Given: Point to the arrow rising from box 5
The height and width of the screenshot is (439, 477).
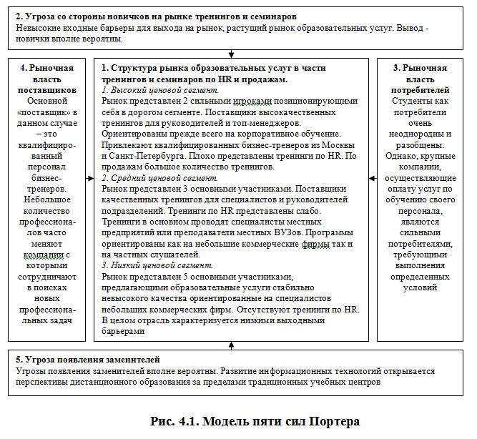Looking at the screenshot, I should pyautogui.click(x=232, y=345).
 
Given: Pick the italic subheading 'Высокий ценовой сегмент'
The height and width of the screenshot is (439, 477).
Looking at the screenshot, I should pyautogui.click(x=163, y=91).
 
